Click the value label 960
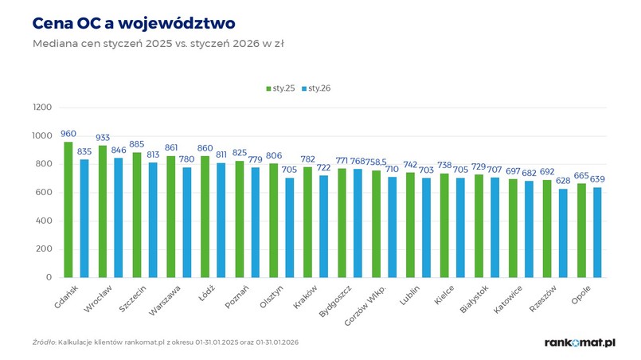68,134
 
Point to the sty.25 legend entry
279,88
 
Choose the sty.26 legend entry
315,88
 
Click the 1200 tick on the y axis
41,108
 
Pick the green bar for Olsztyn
274,221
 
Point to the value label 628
564,181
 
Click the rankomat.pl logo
580,342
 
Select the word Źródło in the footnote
44,342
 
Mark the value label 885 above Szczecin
137,144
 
